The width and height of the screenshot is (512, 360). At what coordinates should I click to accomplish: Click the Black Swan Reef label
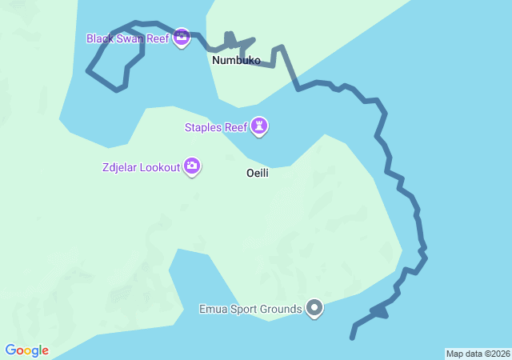pyautogui.click(x=127, y=38)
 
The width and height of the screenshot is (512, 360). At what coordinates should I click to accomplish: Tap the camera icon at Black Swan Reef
pyautogui.click(x=182, y=37)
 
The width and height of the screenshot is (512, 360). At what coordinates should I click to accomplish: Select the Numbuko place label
pyautogui.click(x=236, y=60)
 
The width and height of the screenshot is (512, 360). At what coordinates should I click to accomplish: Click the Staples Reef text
pyautogui.click(x=215, y=126)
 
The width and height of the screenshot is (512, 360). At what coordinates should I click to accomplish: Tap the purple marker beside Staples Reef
pyautogui.click(x=259, y=126)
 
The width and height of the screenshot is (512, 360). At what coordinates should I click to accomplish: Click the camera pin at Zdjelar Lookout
pyautogui.click(x=191, y=166)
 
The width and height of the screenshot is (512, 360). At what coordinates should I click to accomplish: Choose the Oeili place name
pyautogui.click(x=257, y=173)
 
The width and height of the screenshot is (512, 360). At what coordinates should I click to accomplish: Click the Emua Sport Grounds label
pyautogui.click(x=250, y=309)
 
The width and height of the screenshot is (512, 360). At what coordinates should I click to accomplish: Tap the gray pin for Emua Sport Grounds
pyautogui.click(x=314, y=308)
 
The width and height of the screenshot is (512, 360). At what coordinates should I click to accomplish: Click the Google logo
pyautogui.click(x=26, y=350)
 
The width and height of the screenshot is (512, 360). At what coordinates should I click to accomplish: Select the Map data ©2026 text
pyautogui.click(x=477, y=354)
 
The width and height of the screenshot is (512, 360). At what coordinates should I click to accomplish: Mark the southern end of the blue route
pyautogui.click(x=351, y=338)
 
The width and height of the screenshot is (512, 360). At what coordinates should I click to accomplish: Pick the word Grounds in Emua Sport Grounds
pyautogui.click(x=282, y=309)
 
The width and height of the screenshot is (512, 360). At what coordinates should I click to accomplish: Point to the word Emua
pyautogui.click(x=213, y=309)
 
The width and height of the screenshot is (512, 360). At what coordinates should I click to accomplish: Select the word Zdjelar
pyautogui.click(x=119, y=167)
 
